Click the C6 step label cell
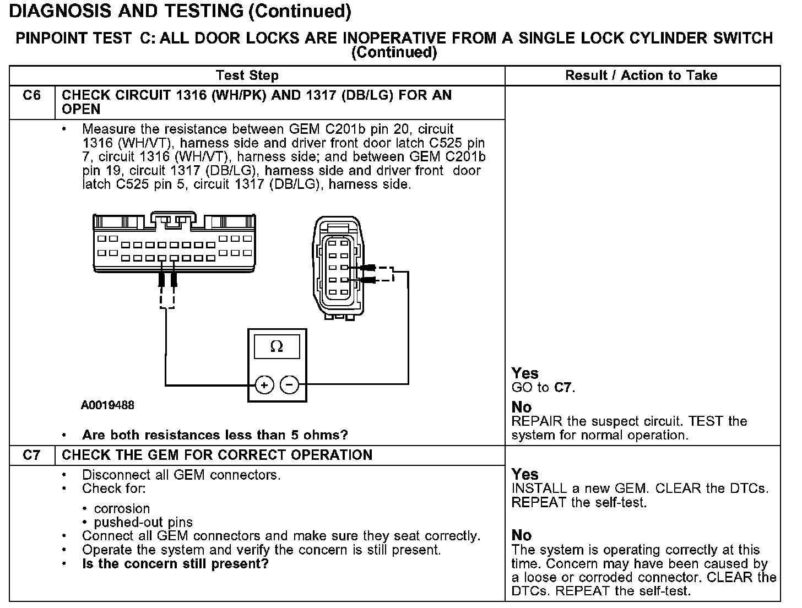pos(32,96)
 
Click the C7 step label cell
pos(32,455)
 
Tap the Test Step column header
pos(247,75)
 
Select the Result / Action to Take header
pos(641,75)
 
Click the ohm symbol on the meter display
pos(277,347)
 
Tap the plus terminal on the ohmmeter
pos(264,385)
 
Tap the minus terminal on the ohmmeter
pos(290,385)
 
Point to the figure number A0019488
pos(107,406)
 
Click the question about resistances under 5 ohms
pos(215,435)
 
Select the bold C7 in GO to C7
pos(563,388)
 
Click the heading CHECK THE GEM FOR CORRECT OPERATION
pos(217,455)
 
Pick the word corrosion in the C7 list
pos(122,508)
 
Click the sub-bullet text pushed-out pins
pos(143,522)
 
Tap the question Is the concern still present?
pos(175,564)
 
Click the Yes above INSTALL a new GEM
pos(525,474)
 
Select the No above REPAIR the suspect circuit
pos(522,407)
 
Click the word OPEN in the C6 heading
pos(82,109)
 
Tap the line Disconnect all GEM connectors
pos(181,475)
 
